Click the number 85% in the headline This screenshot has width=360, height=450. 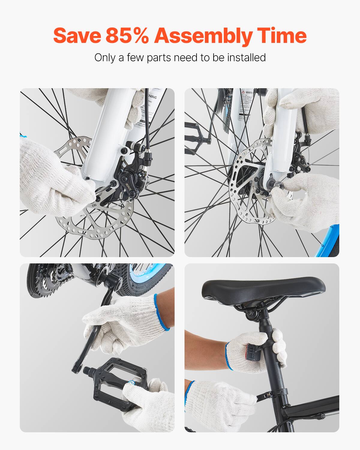pyautogui.click(x=127, y=35)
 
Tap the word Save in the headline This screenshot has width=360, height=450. pyautogui.click(x=77, y=35)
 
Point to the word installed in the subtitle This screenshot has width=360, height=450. pyautogui.click(x=246, y=57)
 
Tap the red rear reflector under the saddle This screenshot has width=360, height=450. pyautogui.click(x=251, y=352)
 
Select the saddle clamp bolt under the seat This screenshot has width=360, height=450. pyautogui.click(x=250, y=314)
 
